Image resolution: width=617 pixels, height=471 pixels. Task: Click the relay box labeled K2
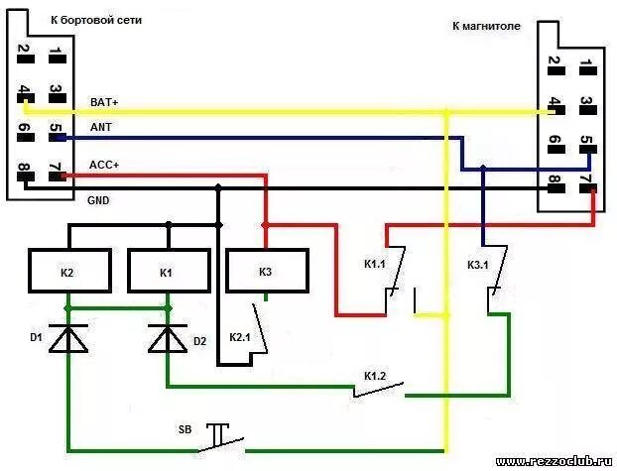[67, 271]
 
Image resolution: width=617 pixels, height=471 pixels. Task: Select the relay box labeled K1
[167, 271]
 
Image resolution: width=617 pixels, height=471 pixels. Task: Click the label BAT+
[103, 101]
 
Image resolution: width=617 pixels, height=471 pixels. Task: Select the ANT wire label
[100, 129]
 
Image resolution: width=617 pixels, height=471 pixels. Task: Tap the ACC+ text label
[103, 165]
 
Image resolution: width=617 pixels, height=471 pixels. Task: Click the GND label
[98, 200]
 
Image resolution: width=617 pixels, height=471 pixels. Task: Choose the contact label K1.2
[376, 375]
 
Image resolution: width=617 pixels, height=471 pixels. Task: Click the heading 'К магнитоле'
[486, 27]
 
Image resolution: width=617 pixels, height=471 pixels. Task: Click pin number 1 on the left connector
[58, 52]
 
